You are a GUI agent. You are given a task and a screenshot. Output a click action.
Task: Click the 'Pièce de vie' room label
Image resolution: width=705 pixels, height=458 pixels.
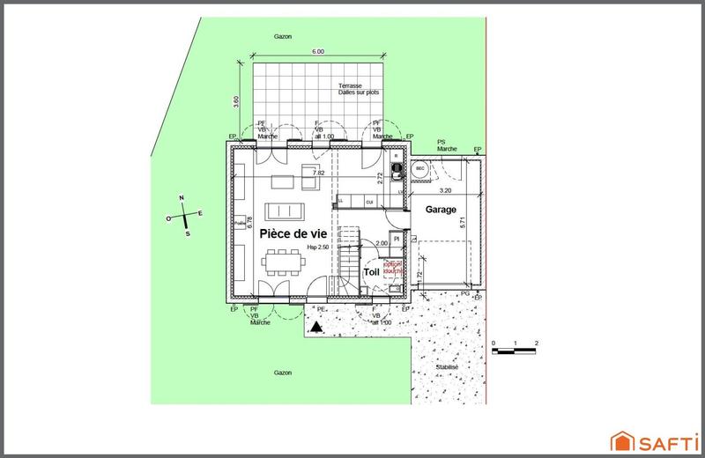coord(293,234)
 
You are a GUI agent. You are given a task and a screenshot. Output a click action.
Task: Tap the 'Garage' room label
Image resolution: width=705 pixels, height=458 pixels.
coord(441,211)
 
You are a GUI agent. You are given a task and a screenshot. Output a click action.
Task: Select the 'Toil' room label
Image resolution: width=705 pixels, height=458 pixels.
coord(371,272)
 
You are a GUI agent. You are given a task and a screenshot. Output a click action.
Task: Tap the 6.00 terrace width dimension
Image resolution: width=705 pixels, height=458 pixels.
coord(319,52)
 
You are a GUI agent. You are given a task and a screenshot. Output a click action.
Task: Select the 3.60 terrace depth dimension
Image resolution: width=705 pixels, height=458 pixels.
coord(236,102)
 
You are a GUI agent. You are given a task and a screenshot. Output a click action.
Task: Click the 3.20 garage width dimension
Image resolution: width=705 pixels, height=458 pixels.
coord(445,189)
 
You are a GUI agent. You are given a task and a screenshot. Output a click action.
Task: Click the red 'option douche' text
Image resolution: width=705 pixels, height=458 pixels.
coord(392,267)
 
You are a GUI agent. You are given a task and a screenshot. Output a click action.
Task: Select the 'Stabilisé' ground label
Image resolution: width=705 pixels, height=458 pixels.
coord(447,368)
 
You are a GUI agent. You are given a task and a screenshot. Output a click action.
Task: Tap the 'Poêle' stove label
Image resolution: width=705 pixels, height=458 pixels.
coord(240,225)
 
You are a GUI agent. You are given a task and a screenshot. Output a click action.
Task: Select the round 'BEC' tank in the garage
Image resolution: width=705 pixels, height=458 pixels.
coord(420,168)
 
